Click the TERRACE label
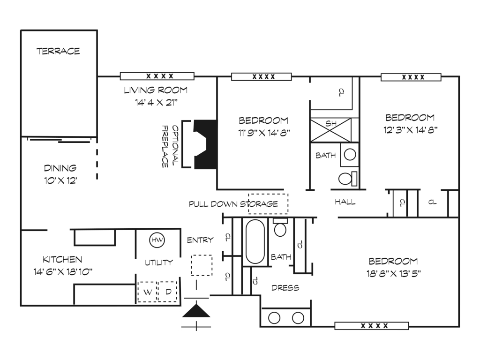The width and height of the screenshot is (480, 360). click(58, 51)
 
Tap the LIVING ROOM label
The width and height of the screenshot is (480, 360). click(156, 90)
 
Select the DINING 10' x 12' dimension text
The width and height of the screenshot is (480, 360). click(60, 180)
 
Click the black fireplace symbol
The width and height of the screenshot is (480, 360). click(205, 144)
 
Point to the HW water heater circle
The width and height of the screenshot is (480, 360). click(157, 240)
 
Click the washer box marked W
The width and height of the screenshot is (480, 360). click(147, 292)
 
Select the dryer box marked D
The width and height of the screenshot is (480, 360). click(168, 292)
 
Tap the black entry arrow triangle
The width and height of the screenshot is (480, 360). click(196, 311)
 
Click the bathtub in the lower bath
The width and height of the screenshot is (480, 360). click(255, 241)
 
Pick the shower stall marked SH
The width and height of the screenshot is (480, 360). click(330, 130)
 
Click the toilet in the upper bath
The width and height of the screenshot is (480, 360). click(348, 179)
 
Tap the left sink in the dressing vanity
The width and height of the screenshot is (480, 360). click(274, 318)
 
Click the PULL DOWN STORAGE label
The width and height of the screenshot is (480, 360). click(233, 204)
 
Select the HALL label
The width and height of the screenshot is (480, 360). click(345, 202)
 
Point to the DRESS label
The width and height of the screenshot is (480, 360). click(285, 288)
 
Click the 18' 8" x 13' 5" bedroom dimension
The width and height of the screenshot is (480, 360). click(394, 273)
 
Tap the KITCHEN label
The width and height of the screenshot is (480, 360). click(62, 260)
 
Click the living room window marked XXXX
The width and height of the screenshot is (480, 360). click(157, 76)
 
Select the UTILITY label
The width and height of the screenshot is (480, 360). click(159, 262)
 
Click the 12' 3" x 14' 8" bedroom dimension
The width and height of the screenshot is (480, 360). click(410, 130)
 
